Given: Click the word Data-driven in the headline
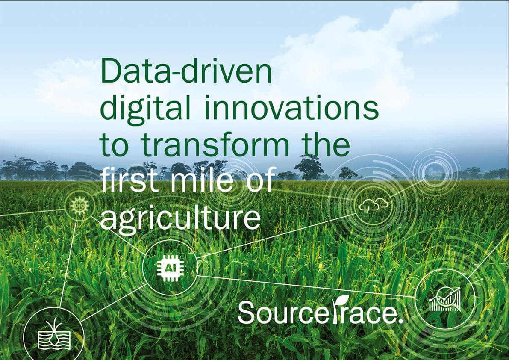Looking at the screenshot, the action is click(x=186, y=71).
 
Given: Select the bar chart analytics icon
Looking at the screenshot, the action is click(x=445, y=299).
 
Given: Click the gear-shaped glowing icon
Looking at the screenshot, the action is click(x=79, y=205).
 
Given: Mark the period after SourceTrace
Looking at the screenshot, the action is click(x=400, y=321).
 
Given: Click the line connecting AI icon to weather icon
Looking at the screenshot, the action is click(x=276, y=236).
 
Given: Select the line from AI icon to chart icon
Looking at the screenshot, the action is click(x=306, y=286).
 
